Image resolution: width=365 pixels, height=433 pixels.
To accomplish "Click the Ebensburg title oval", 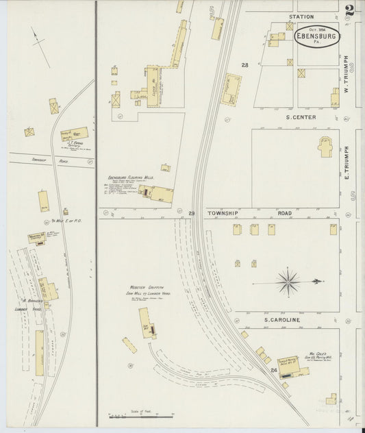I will (316, 36).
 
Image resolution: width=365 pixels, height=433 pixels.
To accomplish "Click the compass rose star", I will (288, 281).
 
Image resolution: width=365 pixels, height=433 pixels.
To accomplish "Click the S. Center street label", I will (300, 117).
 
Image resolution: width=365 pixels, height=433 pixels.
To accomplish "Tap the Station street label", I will (301, 16).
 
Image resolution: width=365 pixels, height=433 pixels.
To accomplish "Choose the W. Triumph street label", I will (347, 75).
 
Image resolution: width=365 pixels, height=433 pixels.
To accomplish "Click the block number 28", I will (244, 65).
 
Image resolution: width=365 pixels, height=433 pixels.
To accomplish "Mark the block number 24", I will (273, 370).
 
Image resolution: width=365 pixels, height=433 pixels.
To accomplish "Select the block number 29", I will (192, 214).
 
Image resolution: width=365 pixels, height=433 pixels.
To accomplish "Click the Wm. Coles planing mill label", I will (319, 356).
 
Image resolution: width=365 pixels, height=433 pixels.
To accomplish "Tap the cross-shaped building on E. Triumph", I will (325, 147).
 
